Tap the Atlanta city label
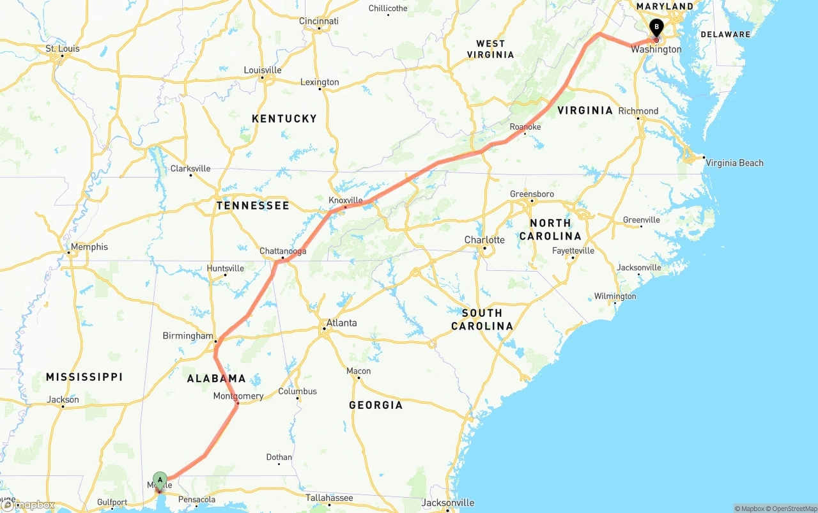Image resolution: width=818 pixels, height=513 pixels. coord(341,323)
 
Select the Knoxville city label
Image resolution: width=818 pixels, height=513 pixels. coord(345,200)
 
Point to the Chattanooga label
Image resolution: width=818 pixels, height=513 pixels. coord(282,251)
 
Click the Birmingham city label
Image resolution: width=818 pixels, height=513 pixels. coord(188,335)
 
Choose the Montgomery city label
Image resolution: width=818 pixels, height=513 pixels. coord(238,396)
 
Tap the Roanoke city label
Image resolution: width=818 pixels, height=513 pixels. coord(525,127)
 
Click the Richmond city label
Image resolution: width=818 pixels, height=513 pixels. coord(638,111)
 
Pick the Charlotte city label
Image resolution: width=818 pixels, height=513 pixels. coord(484,240)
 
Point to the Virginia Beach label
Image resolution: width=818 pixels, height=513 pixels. coord(734,163)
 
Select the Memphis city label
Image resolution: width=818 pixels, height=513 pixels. coord(89,247)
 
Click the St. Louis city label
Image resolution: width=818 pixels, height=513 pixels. coord(62,49)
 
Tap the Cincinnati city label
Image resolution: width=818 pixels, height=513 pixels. coord(319,21)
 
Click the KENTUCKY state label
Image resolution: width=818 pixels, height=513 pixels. coord(284,119)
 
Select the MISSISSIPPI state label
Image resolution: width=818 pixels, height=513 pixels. coord(84,378)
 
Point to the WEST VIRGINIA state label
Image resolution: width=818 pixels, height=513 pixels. coord(491,49)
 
